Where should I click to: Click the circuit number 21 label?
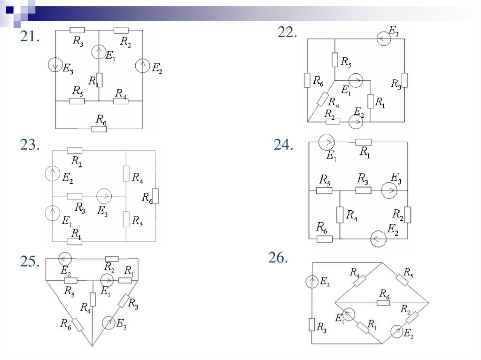[x=29, y=38]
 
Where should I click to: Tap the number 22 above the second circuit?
[x=287, y=32]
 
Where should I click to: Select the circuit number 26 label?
[x=278, y=258]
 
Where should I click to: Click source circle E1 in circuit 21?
[x=99, y=51]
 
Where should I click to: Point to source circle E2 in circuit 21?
[x=142, y=66]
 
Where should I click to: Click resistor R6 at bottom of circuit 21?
[x=99, y=128]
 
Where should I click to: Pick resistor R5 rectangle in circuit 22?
[x=335, y=60]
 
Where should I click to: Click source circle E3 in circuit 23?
[x=103, y=196]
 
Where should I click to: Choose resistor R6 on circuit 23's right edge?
[x=155, y=196]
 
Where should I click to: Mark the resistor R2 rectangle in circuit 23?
[x=75, y=151]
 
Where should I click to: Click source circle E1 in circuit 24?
[x=326, y=141]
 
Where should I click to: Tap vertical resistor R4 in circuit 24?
[x=340, y=215]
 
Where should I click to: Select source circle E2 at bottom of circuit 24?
[x=378, y=239]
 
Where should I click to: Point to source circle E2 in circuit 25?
[x=65, y=259]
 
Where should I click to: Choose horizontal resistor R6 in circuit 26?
[x=383, y=303]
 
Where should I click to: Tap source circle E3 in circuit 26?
[x=312, y=282]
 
